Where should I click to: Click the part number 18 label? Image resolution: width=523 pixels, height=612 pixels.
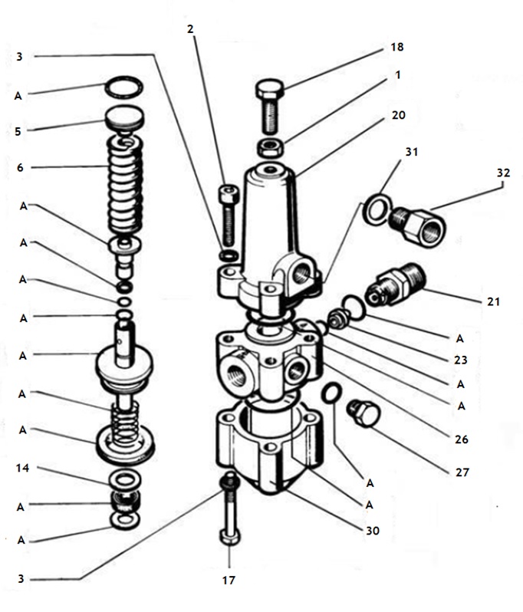[396, 48]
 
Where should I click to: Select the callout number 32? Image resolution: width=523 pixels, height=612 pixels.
[503, 173]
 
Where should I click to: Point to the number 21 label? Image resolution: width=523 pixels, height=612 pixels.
[493, 302]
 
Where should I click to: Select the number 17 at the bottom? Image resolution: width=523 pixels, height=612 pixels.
[228, 581]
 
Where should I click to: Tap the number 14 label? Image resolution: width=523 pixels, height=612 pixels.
[24, 468]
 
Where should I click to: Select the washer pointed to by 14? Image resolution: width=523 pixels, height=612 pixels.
[124, 481]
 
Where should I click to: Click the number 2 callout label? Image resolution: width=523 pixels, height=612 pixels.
[191, 29]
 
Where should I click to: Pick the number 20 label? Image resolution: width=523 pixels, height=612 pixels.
[397, 115]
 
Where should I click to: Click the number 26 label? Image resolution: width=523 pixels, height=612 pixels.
[461, 440]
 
